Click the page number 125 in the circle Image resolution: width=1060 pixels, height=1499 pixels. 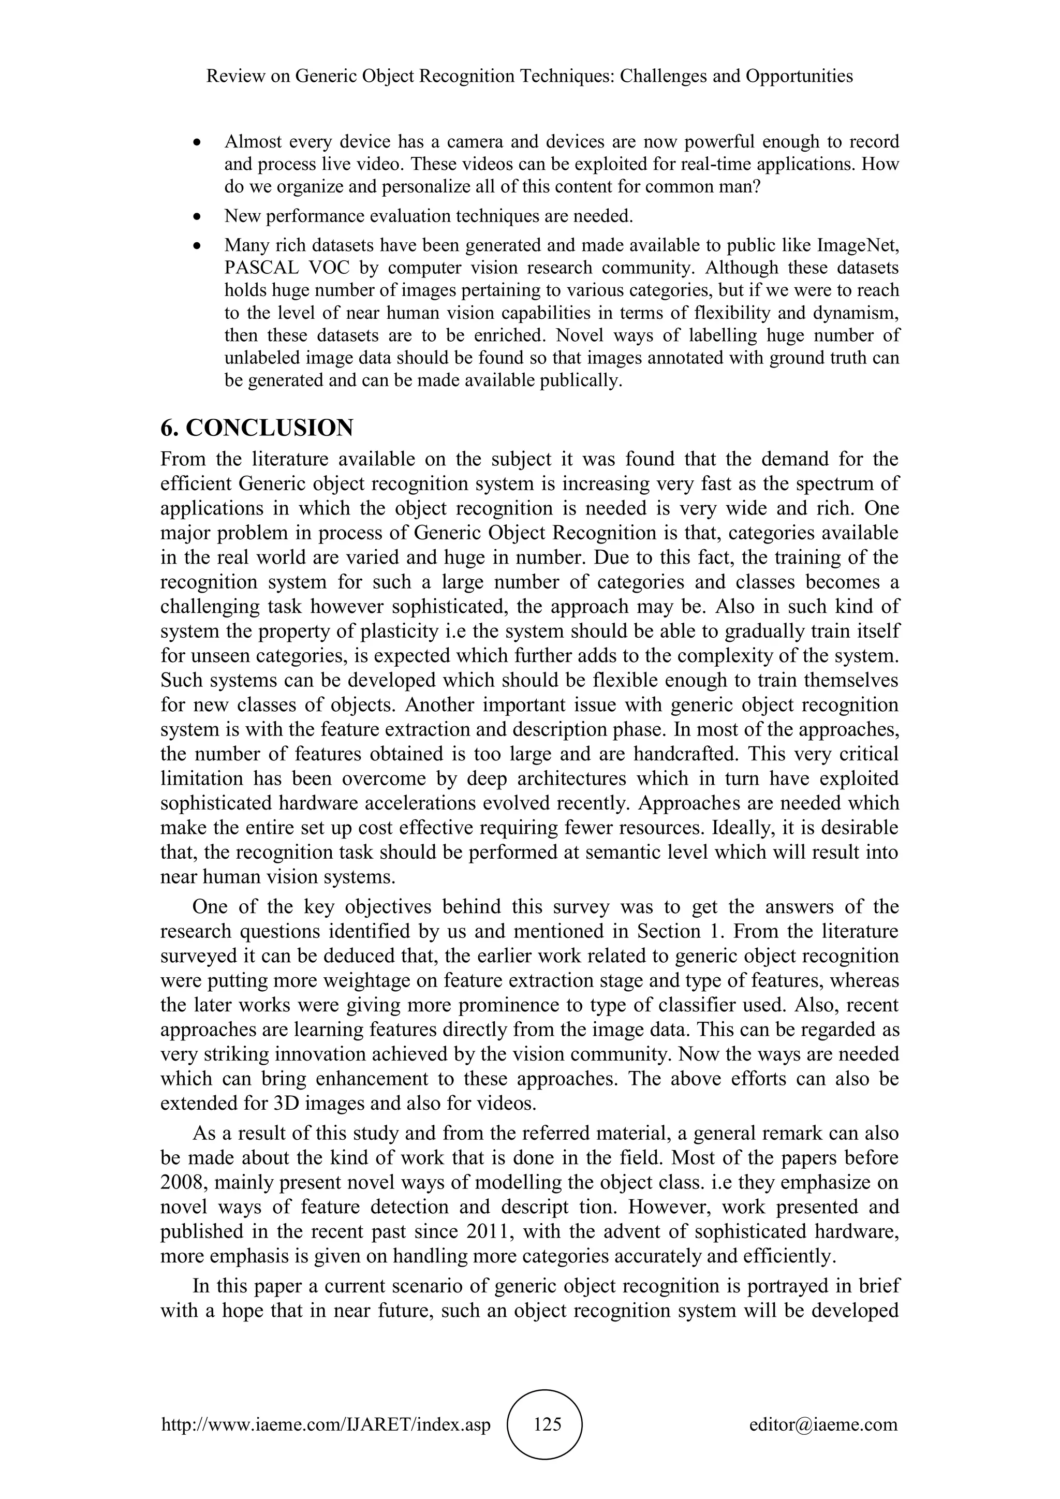coord(547,1424)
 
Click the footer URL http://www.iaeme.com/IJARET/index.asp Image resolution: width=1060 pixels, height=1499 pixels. coord(326,1425)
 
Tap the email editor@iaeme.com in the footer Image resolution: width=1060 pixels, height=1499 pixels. coord(823,1425)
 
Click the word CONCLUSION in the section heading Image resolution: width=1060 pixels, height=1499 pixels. coord(270,428)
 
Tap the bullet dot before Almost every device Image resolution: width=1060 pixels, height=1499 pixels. coord(198,142)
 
